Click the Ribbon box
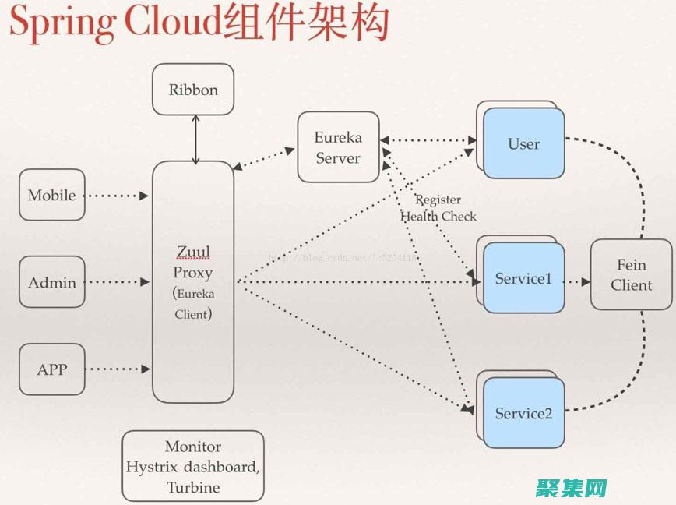coord(193,90)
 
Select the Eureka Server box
coord(338,147)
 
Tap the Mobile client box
coord(52,195)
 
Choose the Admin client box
coord(52,282)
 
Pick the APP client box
coord(52,369)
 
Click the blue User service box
coord(523,143)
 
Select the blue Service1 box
coord(523,278)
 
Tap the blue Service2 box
coord(523,413)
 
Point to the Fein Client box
coord(631,275)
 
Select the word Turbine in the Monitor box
coord(193,488)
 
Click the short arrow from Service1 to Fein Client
coord(577,281)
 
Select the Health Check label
coord(438,217)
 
